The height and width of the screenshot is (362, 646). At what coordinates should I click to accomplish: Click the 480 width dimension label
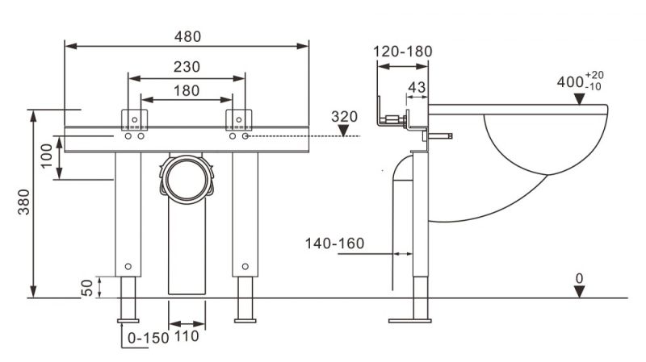[187, 36]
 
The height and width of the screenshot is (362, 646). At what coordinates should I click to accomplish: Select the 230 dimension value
[187, 67]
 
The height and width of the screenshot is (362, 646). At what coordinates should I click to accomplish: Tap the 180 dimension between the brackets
[187, 90]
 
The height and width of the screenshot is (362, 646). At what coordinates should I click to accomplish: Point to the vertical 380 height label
[24, 202]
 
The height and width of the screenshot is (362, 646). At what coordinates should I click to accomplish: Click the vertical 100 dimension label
[47, 155]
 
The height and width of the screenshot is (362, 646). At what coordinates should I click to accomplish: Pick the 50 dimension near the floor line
[87, 288]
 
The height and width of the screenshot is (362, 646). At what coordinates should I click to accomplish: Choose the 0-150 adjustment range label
[149, 338]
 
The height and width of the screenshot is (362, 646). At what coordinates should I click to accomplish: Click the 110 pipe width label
[187, 336]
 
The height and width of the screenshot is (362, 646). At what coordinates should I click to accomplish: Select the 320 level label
[345, 117]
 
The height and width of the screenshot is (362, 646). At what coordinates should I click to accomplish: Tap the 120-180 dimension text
[402, 52]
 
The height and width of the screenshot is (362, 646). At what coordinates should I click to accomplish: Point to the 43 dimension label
[417, 87]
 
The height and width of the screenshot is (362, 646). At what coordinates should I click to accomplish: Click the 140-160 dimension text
[334, 243]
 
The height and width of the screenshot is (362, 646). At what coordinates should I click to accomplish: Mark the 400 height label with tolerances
[580, 81]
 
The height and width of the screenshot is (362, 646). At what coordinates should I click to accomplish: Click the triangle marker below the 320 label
[343, 131]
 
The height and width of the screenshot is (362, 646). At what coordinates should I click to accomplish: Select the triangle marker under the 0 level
[579, 292]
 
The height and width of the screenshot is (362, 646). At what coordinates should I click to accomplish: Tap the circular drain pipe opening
[187, 180]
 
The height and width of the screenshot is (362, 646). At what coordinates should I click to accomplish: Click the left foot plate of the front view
[128, 321]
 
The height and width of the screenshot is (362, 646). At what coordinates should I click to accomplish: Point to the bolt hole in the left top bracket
[134, 119]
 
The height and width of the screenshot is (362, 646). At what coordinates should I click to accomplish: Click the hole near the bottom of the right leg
[245, 267]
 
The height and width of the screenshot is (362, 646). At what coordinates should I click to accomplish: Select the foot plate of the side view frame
[410, 321]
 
